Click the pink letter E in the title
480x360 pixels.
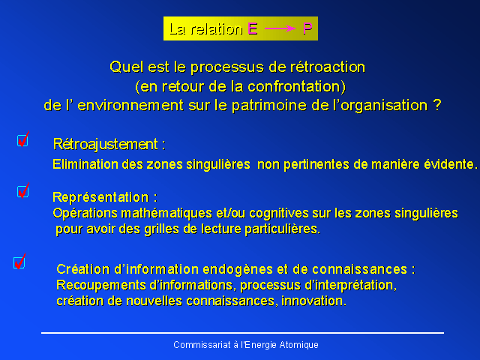click(x=253, y=28)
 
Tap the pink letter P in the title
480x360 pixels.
click(x=307, y=28)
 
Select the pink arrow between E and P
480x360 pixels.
click(x=280, y=28)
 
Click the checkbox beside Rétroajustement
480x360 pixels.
click(x=22, y=140)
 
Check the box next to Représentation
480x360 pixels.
click(x=23, y=192)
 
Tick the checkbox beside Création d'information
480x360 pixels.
click(x=19, y=262)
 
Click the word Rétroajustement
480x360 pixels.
click(x=106, y=144)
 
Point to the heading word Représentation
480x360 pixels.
click(x=100, y=197)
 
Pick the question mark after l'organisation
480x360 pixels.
click(x=437, y=105)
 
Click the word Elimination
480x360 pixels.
click(x=85, y=164)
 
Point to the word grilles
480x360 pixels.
click(x=161, y=229)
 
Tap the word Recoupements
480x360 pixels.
click(x=100, y=286)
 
